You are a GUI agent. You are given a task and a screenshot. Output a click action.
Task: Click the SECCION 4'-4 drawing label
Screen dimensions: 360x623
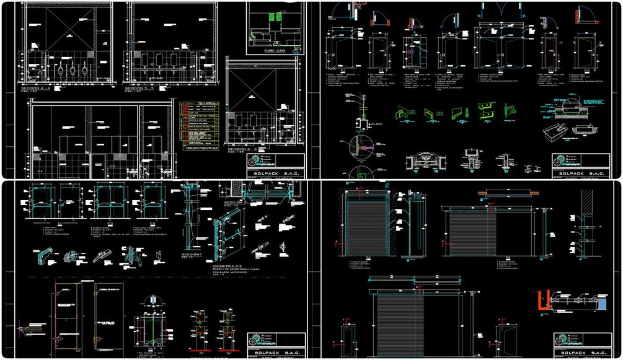(x=38, y=89)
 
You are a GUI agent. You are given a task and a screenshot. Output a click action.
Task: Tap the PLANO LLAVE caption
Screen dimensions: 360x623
(x=275, y=51)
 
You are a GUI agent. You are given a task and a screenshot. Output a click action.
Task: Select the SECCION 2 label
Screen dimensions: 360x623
(x=235, y=202)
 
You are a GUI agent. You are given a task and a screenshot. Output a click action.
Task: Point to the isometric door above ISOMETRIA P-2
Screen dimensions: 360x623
(x=230, y=229)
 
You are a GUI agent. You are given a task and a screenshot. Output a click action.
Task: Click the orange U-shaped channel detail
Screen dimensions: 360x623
(x=541, y=302)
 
